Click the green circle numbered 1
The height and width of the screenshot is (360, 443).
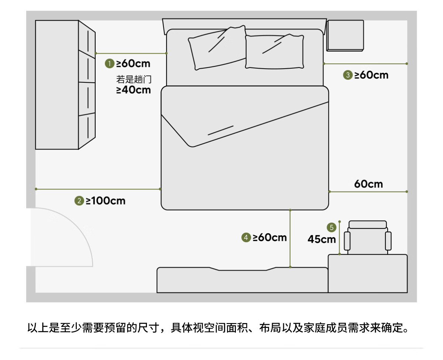tap(109, 64)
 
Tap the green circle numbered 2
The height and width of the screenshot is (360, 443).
tap(79, 201)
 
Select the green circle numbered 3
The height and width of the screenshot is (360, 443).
tap(347, 75)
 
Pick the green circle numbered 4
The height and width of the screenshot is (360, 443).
tap(246, 237)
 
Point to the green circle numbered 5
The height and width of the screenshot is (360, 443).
tap(332, 227)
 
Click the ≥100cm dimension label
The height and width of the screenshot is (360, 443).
tap(106, 201)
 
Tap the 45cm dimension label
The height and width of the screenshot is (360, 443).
tap(322, 239)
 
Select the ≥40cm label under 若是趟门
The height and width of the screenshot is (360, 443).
tap(134, 90)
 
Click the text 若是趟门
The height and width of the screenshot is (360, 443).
tap(134, 79)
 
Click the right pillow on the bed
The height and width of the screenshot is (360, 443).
tap(275, 52)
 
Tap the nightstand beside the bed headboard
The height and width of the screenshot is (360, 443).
tap(345, 35)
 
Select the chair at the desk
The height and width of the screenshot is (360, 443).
tap(367, 237)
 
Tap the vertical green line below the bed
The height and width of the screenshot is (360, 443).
tap(290, 239)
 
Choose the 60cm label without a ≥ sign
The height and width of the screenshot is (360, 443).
tap(368, 184)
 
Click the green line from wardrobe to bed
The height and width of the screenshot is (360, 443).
tap(131, 54)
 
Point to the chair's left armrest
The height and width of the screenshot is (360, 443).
tap(347, 241)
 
